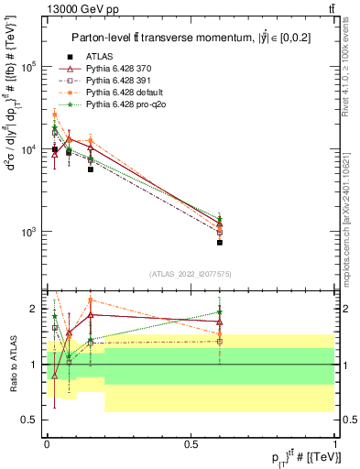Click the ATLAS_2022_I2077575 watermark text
click(x=191, y=273)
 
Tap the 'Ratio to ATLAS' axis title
click(x=12, y=365)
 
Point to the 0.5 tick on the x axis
click(x=191, y=443)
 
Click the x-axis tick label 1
click(x=335, y=443)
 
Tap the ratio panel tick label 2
click(x=34, y=310)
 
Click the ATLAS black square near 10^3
click(x=220, y=243)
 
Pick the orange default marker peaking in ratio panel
click(x=90, y=300)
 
